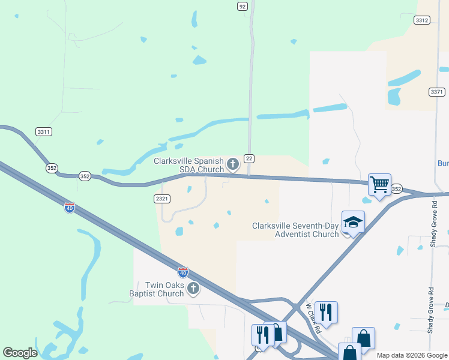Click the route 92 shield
(x=242, y=6)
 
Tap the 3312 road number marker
(x=422, y=20)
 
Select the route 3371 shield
(x=437, y=92)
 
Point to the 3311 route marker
(x=43, y=131)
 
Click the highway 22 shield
(x=249, y=158)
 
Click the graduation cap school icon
(x=353, y=221)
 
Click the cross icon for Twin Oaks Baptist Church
(x=193, y=289)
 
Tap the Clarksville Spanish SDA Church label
(x=188, y=165)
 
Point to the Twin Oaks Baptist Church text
(x=164, y=289)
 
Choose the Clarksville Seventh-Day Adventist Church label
(x=295, y=230)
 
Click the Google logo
(x=20, y=353)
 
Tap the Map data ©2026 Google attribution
(x=411, y=355)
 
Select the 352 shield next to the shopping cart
(x=397, y=188)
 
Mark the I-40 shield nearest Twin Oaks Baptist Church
(x=183, y=272)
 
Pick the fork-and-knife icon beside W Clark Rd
(x=326, y=312)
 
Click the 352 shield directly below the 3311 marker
(x=52, y=169)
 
